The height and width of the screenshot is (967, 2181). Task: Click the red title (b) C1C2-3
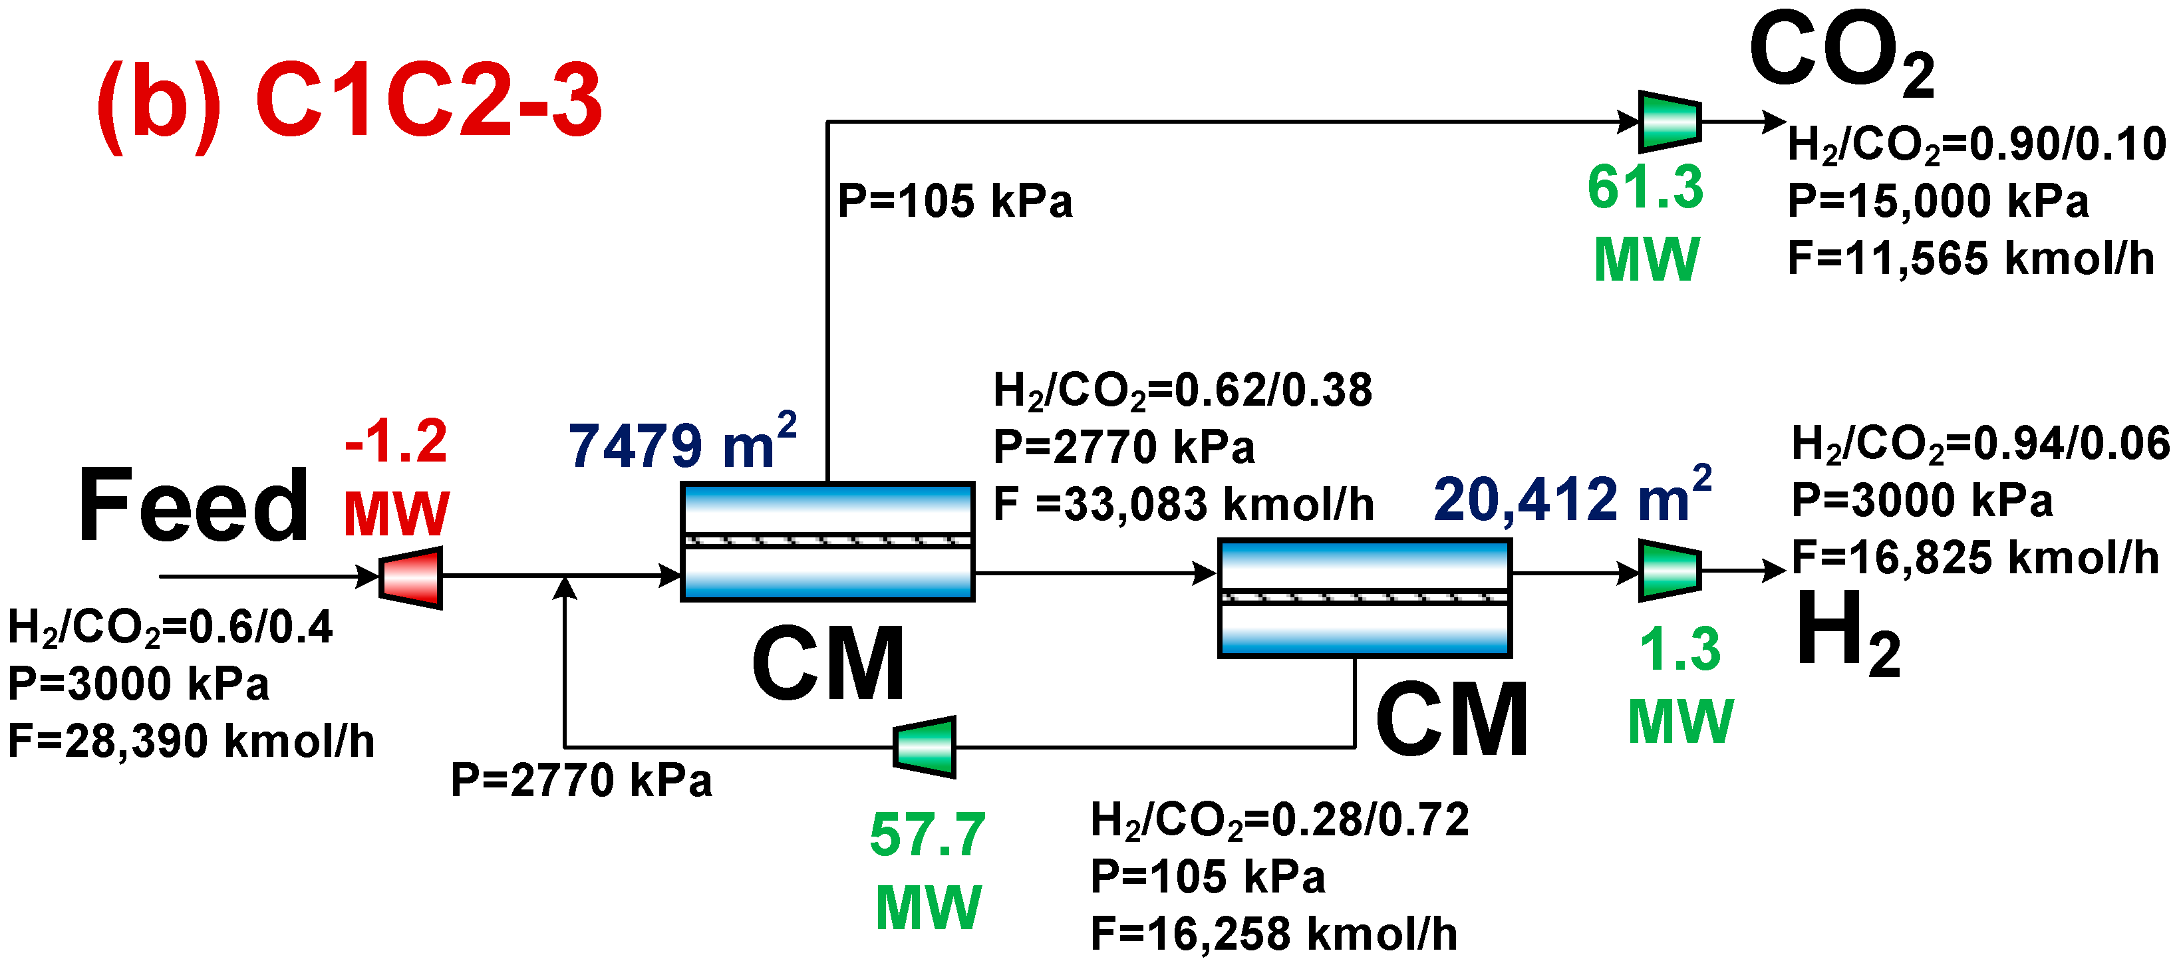[x=349, y=102]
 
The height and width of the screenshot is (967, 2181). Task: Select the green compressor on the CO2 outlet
[x=1670, y=121]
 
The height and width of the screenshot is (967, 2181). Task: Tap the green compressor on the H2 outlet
[x=1670, y=571]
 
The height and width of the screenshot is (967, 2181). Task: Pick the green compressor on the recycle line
[x=925, y=747]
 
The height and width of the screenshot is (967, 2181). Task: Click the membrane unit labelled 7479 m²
[x=827, y=542]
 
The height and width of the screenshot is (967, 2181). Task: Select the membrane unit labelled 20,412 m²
[x=1364, y=598]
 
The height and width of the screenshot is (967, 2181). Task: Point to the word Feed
[x=193, y=505]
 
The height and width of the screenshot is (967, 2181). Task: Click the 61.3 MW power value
[x=1645, y=222]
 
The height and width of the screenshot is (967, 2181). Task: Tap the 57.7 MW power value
[x=928, y=871]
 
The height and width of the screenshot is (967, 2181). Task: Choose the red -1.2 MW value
[x=395, y=478]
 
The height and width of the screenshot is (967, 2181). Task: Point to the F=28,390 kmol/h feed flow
[x=192, y=741]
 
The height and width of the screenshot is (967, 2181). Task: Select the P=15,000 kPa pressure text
[x=1937, y=202]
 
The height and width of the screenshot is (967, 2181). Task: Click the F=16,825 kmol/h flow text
[x=1974, y=558]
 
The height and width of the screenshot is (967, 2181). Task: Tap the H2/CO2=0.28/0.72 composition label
[x=1279, y=819]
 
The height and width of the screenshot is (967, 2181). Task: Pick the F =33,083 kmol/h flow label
[x=1183, y=505]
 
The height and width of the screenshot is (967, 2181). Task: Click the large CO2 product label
[x=1842, y=53]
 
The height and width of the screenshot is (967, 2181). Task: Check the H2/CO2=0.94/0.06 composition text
[x=1980, y=444]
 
